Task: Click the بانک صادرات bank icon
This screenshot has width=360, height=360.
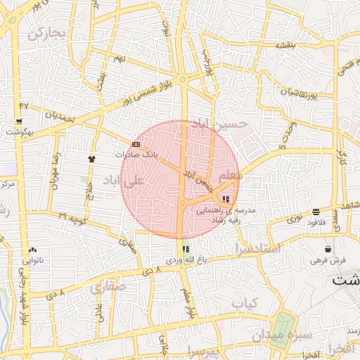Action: (x=136, y=144)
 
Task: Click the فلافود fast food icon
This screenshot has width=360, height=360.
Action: (x=316, y=211)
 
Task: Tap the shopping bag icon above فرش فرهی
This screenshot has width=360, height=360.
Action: (x=328, y=249)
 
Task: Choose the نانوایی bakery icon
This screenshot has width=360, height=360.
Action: (x=33, y=250)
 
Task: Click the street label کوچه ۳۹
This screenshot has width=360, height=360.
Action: (x=72, y=218)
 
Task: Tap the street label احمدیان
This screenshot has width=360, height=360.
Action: (x=59, y=115)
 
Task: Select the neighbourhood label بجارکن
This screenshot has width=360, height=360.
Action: (x=46, y=32)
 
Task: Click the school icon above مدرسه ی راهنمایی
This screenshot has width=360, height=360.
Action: (x=225, y=199)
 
